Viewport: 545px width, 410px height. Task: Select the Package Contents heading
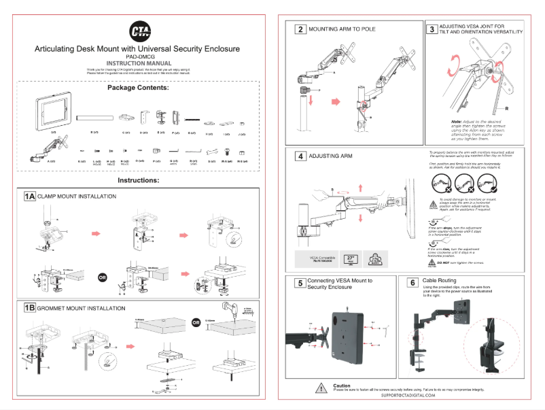click(137, 88)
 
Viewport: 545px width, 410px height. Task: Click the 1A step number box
click(29, 197)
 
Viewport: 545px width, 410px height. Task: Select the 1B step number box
click(29, 308)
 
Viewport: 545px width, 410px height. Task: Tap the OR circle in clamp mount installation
click(103, 277)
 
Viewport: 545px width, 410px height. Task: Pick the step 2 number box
click(300, 29)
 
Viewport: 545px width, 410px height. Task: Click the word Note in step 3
click(457, 121)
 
